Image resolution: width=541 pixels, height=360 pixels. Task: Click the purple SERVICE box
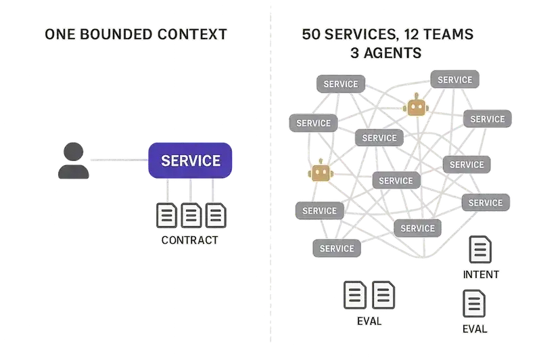pyautogui.click(x=190, y=160)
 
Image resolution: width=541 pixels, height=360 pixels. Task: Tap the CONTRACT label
pyautogui.click(x=190, y=240)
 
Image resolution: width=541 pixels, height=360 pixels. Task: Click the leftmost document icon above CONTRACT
pyautogui.click(x=166, y=216)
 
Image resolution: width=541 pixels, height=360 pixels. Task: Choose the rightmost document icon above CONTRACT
pyautogui.click(x=215, y=216)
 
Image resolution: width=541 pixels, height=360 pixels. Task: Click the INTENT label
pyautogui.click(x=479, y=275)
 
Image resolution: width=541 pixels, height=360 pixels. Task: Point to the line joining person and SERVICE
pyautogui.click(x=119, y=160)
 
